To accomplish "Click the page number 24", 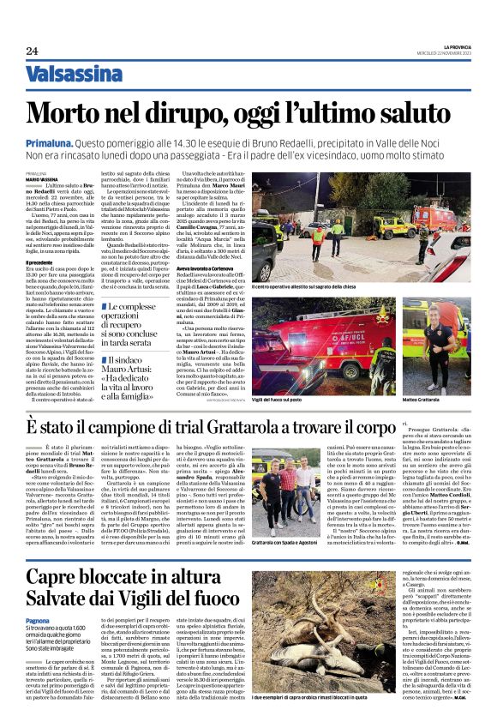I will coord(32,51).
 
